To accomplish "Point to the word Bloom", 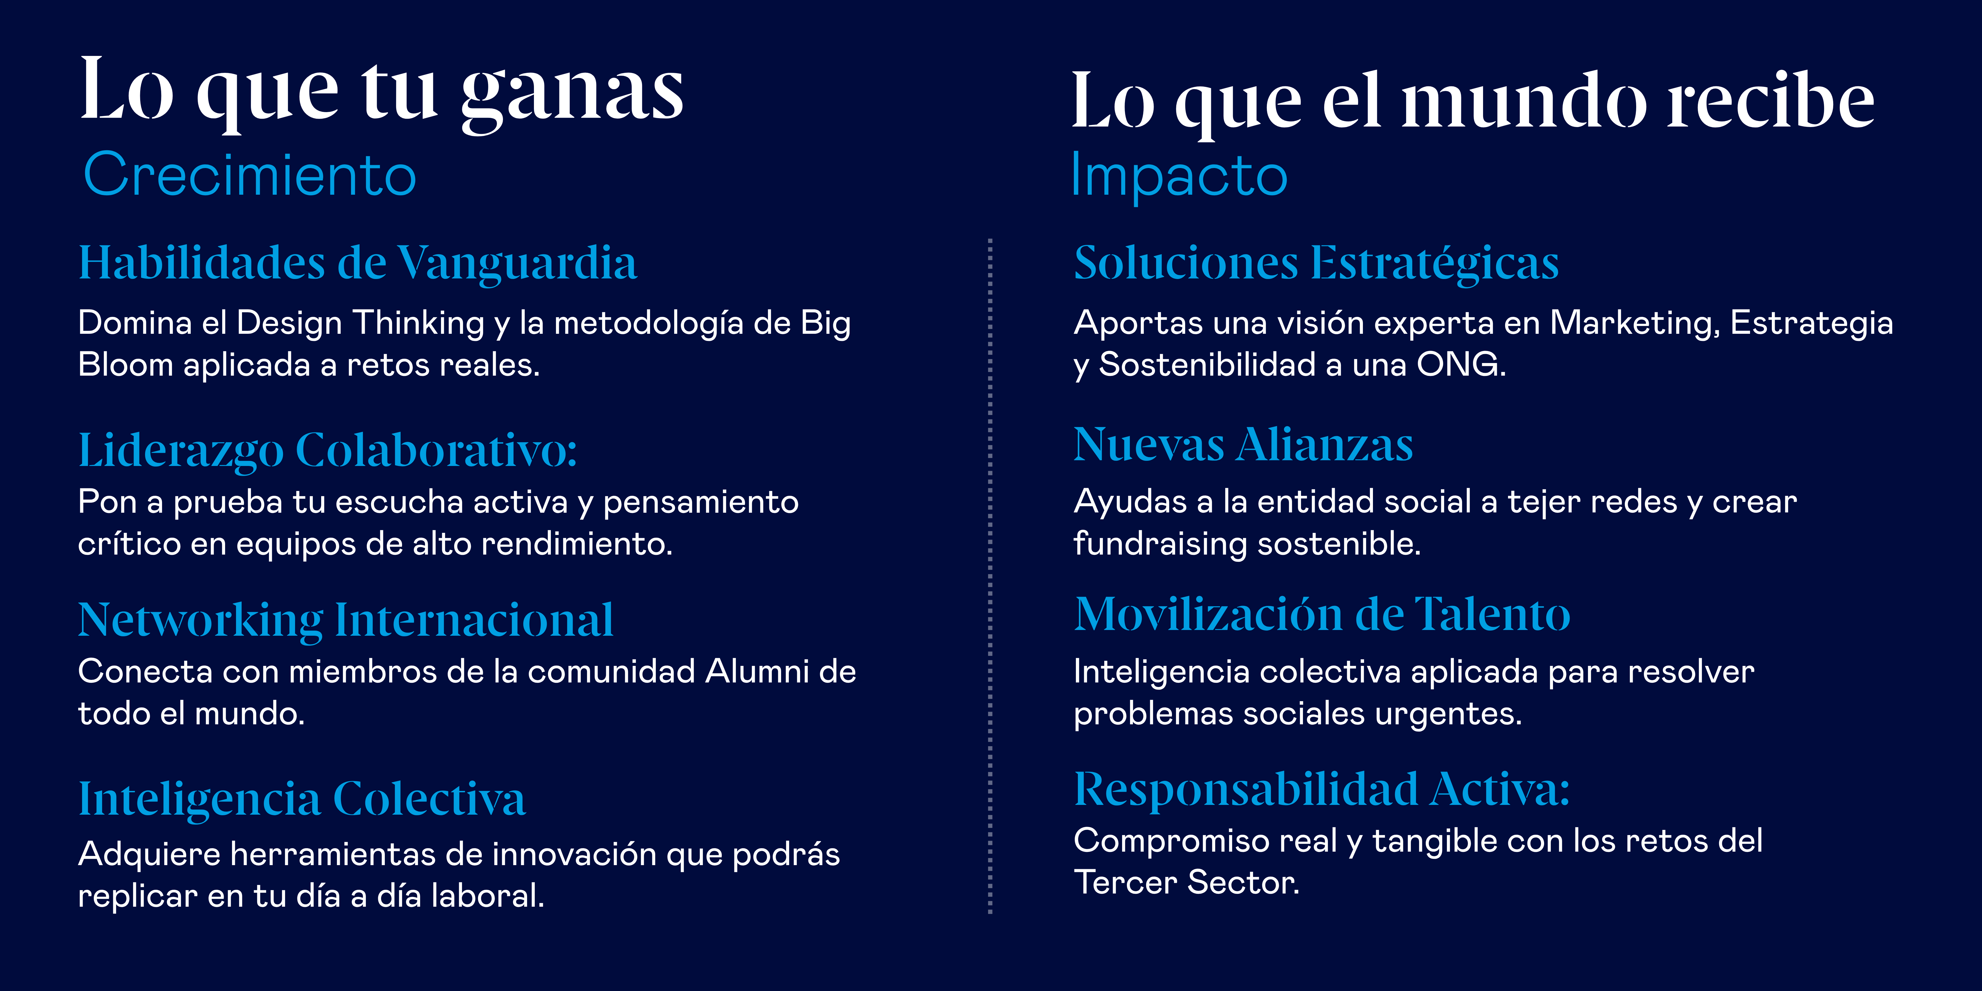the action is [x=125, y=365].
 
